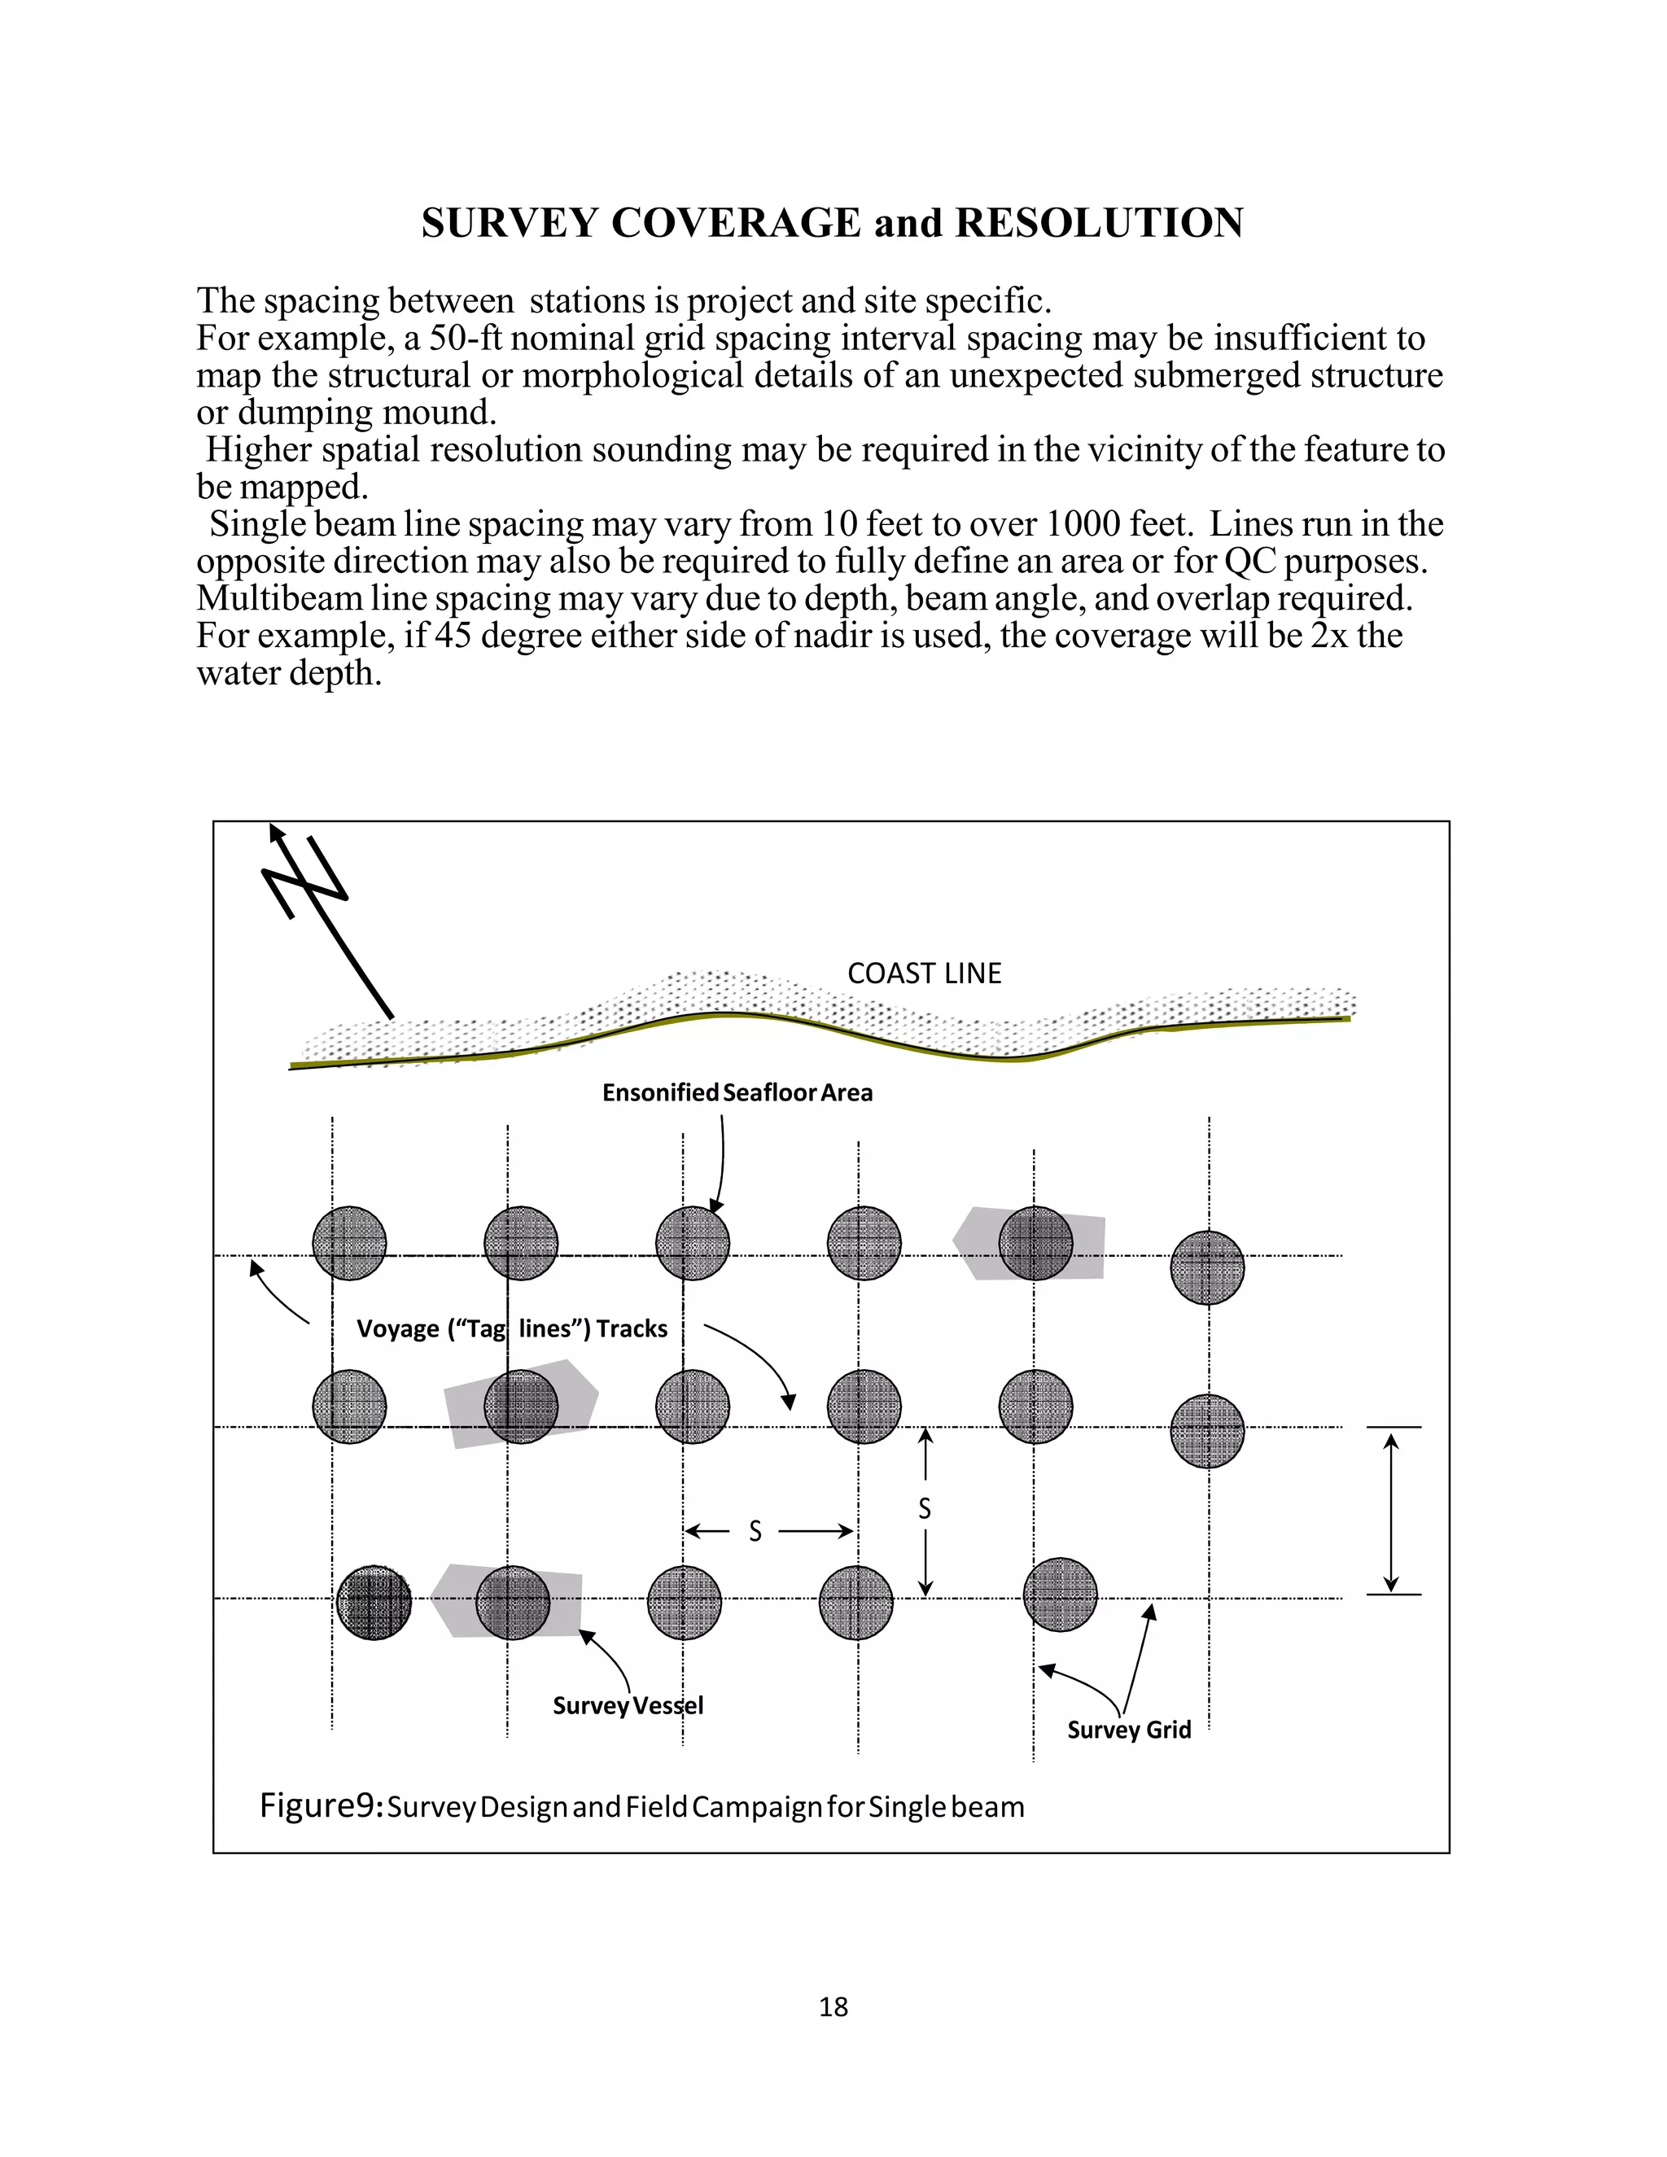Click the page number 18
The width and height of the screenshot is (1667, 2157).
[x=833, y=2007]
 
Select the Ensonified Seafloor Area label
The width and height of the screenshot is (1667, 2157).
[x=737, y=1092]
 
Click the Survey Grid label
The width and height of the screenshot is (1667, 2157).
[x=1129, y=1730]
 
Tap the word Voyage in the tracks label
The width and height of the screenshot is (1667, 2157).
[x=397, y=1328]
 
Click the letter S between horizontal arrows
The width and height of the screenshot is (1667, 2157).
[x=755, y=1532]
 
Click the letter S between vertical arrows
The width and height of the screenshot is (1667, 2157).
[x=925, y=1508]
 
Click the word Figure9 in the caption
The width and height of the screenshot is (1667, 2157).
[x=320, y=1805]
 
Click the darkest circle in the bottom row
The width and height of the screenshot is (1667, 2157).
[x=374, y=1602]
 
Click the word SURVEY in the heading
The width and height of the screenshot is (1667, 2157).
[x=509, y=223]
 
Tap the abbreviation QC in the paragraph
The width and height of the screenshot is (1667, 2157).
[x=1249, y=561]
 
